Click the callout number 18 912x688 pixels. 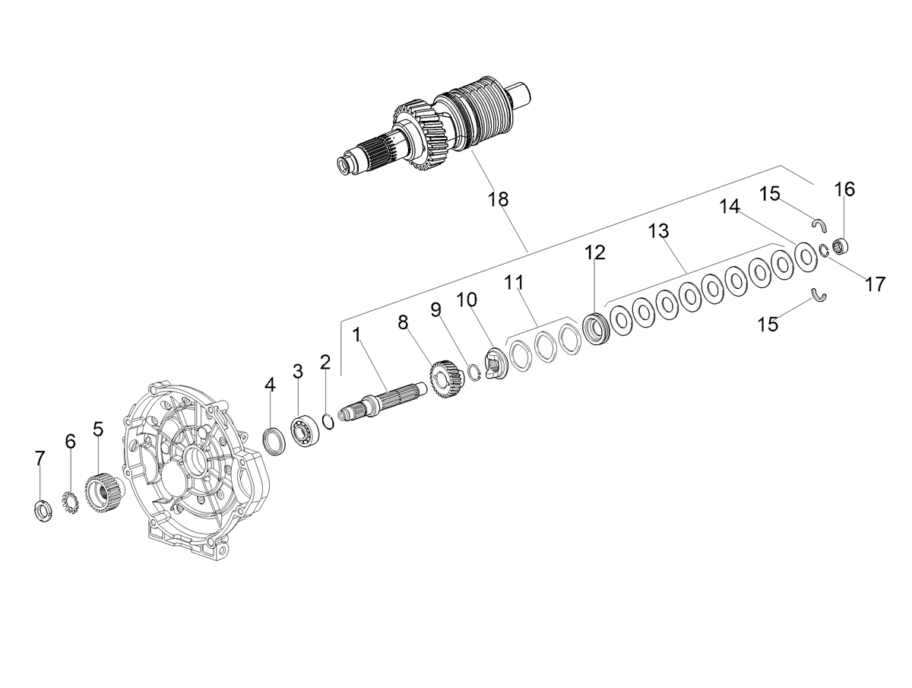[498, 199]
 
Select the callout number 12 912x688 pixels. [595, 252]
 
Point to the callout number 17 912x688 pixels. [875, 284]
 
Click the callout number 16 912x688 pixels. [844, 189]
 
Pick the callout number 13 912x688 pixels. [659, 231]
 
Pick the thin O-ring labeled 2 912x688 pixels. [328, 423]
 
